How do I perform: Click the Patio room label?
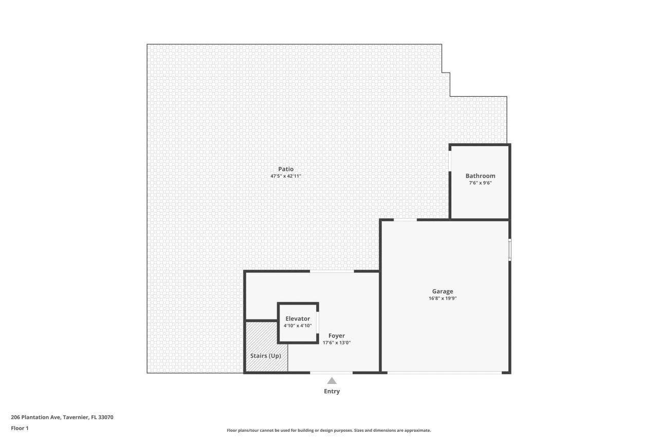coord(285,169)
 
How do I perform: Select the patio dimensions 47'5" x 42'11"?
coord(285,176)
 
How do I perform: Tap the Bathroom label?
coord(480,175)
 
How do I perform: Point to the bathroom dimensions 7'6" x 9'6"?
coord(480,183)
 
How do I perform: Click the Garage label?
coord(442,291)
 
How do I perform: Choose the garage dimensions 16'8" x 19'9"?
coord(442,298)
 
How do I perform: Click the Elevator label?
coord(298,319)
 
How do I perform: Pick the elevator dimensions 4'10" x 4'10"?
coord(298,325)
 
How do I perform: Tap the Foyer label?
coord(337,336)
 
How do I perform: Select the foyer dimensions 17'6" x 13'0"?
coord(337,343)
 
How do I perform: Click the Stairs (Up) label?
coord(265,356)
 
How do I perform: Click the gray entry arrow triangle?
coord(332,381)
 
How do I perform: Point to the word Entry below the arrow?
coord(332,391)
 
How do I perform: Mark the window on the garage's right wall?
coord(509,249)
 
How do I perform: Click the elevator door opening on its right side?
coord(318,323)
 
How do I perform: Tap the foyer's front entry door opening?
coord(331,372)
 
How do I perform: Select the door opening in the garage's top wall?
coord(405,220)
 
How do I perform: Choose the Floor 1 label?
coord(20,428)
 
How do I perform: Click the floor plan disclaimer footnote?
coord(329,430)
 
